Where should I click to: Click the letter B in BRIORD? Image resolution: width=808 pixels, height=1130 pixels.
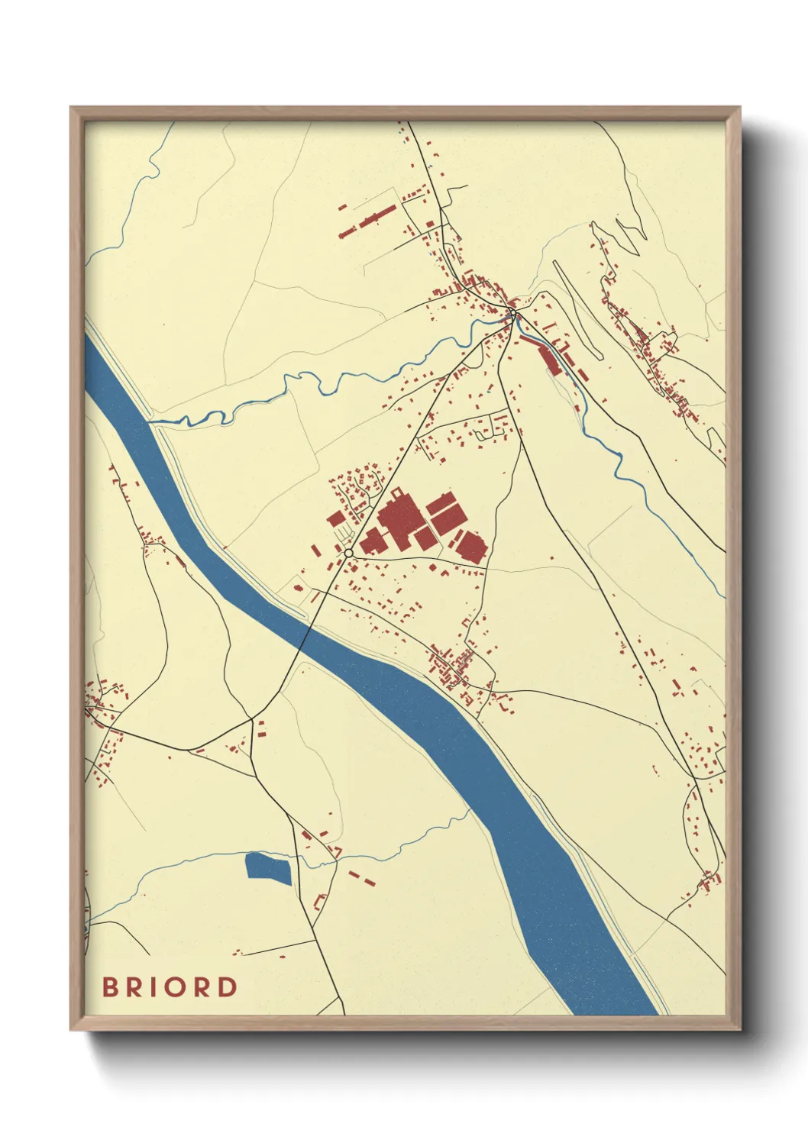(x=112, y=987)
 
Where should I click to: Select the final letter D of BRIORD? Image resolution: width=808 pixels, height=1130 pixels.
(x=227, y=987)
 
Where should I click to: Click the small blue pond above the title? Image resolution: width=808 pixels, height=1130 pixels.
(x=268, y=868)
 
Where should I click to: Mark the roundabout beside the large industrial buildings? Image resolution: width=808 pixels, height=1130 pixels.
(x=348, y=552)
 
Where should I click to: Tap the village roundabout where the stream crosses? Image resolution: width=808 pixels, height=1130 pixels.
(x=514, y=312)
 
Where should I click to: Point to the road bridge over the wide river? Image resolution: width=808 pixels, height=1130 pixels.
(x=302, y=638)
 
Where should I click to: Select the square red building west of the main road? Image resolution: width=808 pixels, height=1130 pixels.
(x=336, y=519)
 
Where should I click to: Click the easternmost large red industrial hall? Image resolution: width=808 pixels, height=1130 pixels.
(x=470, y=547)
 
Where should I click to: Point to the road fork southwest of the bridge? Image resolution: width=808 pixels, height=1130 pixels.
(x=251, y=718)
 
